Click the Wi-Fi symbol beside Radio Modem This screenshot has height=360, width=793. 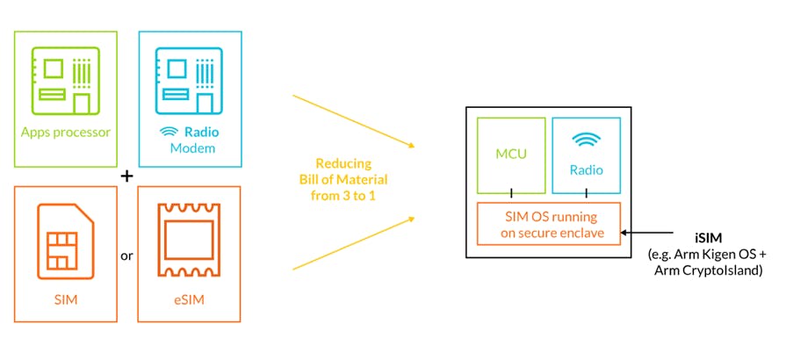click(x=167, y=132)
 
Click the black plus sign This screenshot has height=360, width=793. click(x=126, y=176)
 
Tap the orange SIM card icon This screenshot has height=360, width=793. click(x=67, y=239)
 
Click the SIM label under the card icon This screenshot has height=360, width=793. click(x=67, y=300)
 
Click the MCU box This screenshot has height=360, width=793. click(x=511, y=155)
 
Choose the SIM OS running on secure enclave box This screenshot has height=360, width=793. click(x=549, y=224)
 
